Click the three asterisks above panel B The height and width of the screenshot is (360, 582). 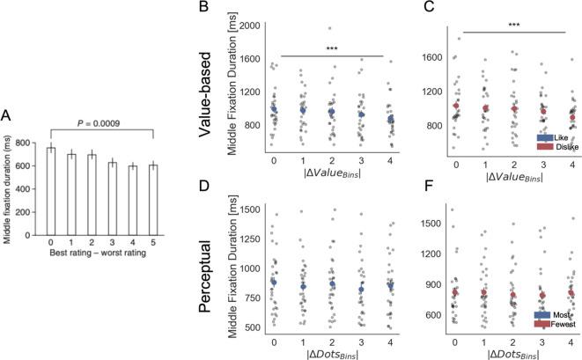tap(331, 49)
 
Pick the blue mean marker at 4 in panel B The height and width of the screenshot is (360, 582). tap(388, 118)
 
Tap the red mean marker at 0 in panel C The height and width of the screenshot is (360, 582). tap(455, 107)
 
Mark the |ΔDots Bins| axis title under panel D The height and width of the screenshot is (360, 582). tap(331, 350)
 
